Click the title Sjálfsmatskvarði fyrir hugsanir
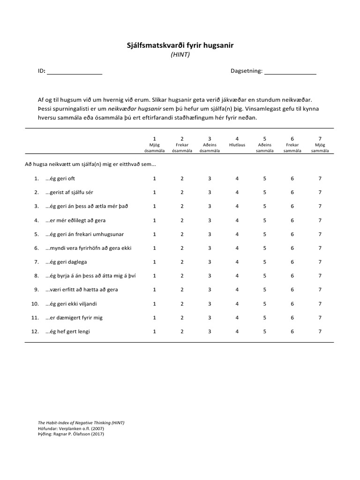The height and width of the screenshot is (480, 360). click(180, 45)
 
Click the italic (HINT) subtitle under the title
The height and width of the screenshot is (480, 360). click(180, 54)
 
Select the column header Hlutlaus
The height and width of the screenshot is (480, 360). click(237, 145)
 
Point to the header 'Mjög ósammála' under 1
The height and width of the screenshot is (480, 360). click(154, 148)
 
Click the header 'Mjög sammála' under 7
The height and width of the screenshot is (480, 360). click(320, 148)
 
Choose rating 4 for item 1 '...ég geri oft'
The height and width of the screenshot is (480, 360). click(237, 179)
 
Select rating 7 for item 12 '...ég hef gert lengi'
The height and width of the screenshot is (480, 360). click(320, 331)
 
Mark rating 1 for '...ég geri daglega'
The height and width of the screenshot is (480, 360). click(154, 262)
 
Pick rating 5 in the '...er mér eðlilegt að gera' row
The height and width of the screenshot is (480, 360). click(264, 220)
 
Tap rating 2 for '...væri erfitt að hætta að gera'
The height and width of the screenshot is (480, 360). click(182, 290)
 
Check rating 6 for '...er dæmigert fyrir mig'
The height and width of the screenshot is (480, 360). click(292, 317)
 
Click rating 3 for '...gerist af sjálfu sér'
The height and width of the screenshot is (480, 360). click(210, 193)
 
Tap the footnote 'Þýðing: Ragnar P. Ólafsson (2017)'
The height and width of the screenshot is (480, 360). click(71, 434)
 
